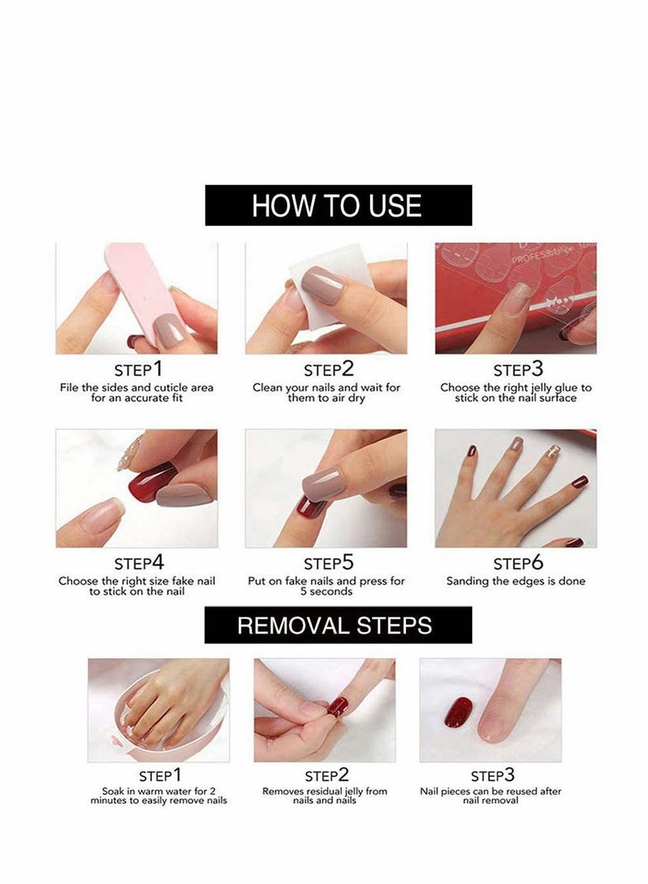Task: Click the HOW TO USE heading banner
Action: pos(338,205)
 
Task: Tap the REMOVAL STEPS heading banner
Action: pos(338,625)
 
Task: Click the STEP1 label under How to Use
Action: pos(137,369)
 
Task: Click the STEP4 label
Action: pos(137,563)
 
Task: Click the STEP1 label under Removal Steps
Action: pos(159,776)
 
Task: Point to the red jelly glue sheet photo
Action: pos(515,297)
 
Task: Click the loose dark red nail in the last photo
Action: pos(458,712)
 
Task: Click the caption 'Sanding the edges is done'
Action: pos(516,581)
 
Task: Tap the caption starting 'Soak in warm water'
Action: pos(159,796)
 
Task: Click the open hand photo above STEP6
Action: pos(515,489)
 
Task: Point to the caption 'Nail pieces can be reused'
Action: pos(491,796)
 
